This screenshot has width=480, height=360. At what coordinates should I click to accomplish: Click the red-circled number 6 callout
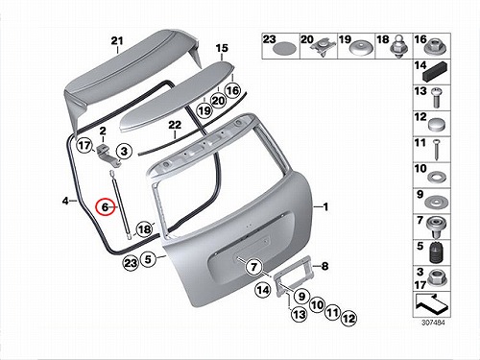pos(106,207)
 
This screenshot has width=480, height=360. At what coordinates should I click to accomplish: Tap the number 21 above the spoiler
pos(117,41)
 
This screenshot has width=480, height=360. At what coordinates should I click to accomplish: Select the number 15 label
pos(222,48)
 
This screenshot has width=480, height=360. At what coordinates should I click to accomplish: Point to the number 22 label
pos(175,125)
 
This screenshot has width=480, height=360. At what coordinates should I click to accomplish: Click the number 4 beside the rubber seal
pos(65,202)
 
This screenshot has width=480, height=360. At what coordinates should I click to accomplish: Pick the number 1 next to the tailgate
pos(325,207)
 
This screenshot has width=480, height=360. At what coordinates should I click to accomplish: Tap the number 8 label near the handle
pos(324,266)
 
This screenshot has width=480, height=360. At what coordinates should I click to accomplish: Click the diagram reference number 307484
pos(433,323)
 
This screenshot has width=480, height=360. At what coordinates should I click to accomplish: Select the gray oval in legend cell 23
pos(284,49)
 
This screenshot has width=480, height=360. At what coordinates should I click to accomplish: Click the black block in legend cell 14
pos(436,73)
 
